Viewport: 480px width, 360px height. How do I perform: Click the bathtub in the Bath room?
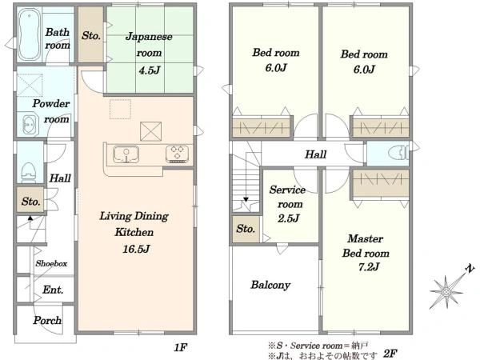[29, 34]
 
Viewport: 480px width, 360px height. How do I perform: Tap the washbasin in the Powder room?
[30, 125]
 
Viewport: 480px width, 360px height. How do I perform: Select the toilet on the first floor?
[29, 173]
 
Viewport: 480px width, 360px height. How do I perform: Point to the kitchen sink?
[126, 154]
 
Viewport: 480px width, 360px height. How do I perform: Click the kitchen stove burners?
[178, 154]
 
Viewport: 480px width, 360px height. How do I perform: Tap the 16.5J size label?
[136, 249]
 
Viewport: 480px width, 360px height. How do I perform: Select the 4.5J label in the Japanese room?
[150, 70]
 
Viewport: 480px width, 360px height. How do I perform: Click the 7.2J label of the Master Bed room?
[369, 267]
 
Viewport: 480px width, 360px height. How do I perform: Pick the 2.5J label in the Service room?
[288, 218]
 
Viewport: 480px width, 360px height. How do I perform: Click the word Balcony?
[270, 285]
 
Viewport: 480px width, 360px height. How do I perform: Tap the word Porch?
[47, 320]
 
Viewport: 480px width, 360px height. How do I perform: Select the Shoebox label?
[51, 263]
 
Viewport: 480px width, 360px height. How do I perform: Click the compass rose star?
[446, 292]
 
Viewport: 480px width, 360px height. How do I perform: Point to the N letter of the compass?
[470, 269]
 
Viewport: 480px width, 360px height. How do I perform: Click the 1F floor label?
[180, 347]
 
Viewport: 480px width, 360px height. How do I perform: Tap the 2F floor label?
[390, 354]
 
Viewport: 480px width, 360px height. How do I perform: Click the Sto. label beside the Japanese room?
[91, 35]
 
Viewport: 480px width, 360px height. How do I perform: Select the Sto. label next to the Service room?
[246, 229]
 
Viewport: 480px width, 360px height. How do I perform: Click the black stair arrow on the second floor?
[246, 199]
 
